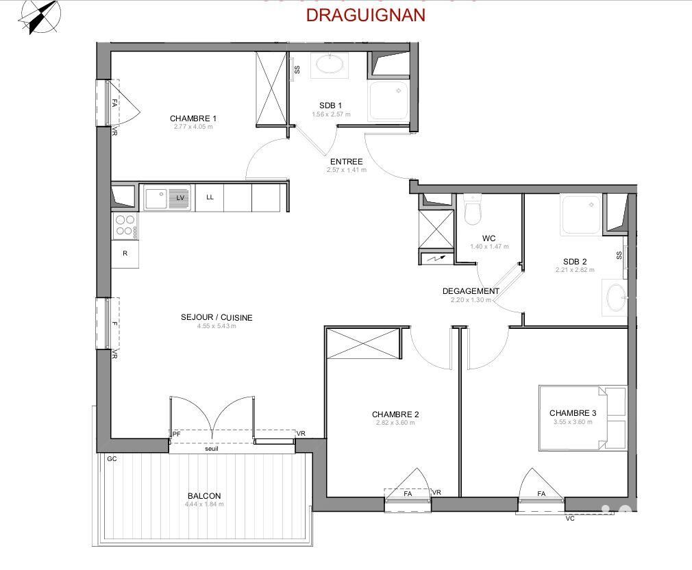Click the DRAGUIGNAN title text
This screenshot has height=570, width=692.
point(365,14)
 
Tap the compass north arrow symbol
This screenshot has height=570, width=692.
point(40,16)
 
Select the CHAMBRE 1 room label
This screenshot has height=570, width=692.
point(193,119)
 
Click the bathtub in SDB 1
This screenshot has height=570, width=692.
point(331,65)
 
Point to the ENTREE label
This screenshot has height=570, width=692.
point(346,162)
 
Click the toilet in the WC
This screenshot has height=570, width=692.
point(472,210)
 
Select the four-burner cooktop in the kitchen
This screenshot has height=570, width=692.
point(125,225)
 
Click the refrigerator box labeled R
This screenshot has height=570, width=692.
point(125,253)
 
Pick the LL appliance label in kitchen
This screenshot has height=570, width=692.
point(210,197)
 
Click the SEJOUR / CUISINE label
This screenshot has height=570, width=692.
point(217,317)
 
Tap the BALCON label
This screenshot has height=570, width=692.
point(204,496)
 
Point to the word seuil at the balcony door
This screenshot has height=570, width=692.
point(212,449)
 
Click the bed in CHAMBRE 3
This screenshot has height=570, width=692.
point(582,418)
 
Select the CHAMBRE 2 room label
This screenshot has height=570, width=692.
point(395,414)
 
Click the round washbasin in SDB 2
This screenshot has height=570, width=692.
point(615,297)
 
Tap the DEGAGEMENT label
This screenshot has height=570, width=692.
point(471,291)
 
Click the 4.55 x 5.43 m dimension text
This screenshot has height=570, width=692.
point(217,326)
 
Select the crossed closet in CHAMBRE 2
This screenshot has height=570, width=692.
point(362,343)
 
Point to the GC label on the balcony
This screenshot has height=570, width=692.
point(112,459)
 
